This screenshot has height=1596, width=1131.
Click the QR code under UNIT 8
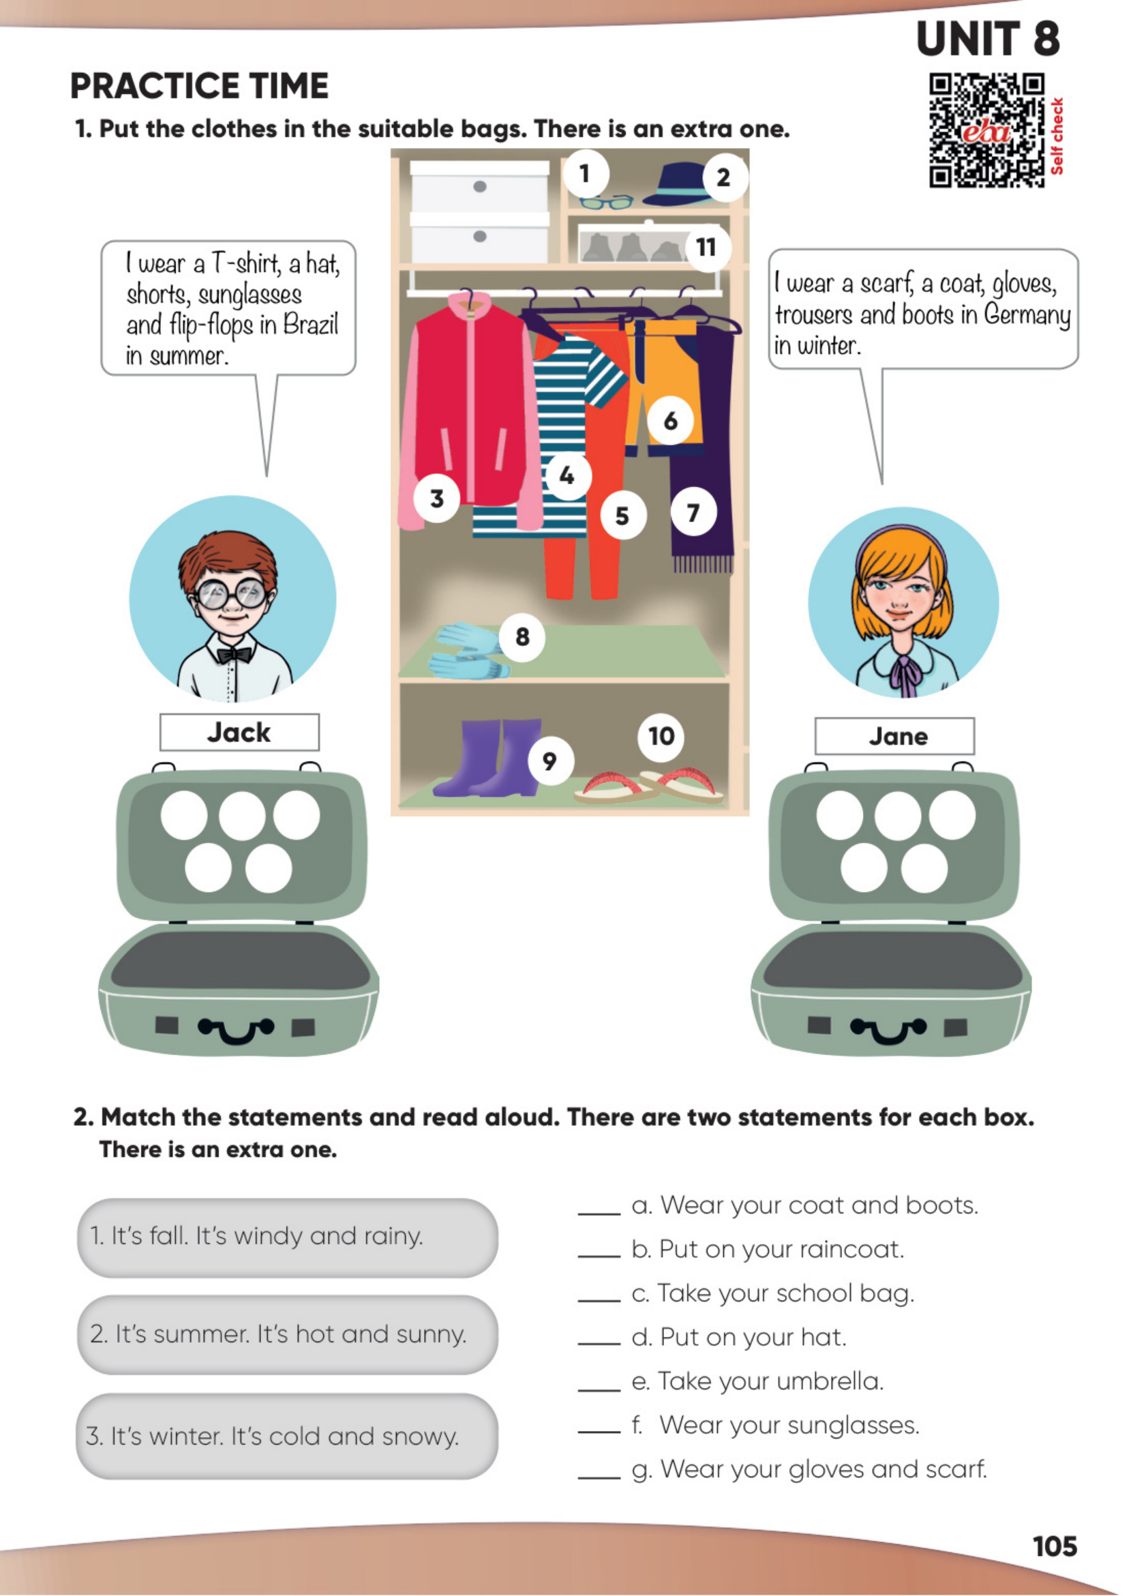pos(987,131)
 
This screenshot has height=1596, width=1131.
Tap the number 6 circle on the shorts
pos(670,420)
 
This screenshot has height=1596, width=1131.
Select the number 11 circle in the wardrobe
pos(707,248)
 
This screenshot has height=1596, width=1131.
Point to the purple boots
pos(487,758)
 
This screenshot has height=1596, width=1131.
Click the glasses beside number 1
pos(607,202)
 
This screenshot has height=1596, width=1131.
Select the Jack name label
pos(239,732)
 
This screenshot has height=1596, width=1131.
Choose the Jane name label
pos(895,737)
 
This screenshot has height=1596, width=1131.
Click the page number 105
pos(1055,1546)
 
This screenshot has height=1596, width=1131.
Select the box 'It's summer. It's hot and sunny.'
pos(288,1335)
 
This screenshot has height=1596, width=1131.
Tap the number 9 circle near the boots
pos(550,761)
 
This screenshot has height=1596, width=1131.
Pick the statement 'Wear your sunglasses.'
pos(775,1426)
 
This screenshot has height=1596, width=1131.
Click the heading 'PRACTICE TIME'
pos(199,86)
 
